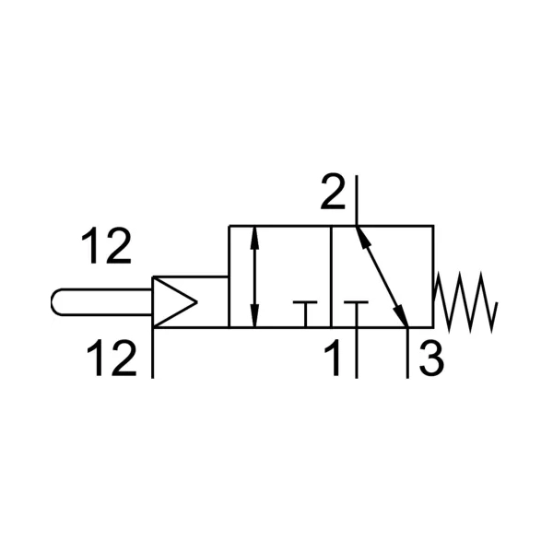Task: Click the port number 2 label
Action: (333, 192)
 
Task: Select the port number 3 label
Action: (431, 359)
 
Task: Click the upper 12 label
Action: (106, 245)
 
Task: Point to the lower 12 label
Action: (112, 358)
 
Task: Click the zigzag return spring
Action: (465, 302)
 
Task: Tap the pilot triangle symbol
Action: (174, 302)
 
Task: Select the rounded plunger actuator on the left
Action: (101, 302)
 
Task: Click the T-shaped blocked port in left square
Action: (305, 314)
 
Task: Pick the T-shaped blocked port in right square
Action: (356, 314)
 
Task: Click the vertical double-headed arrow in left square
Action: (254, 276)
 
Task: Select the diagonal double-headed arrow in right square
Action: (382, 276)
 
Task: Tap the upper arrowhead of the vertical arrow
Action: (254, 239)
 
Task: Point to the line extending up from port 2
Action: (356, 200)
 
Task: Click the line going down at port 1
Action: (357, 353)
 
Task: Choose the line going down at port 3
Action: (407, 353)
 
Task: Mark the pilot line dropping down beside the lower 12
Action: (152, 353)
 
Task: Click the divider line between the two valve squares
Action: (331, 276)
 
